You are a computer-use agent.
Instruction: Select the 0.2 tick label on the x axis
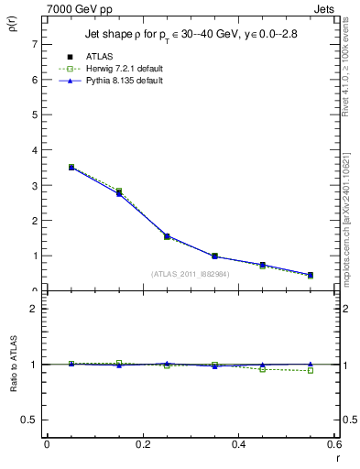[x=142, y=444]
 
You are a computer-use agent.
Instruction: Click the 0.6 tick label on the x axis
[x=334, y=444]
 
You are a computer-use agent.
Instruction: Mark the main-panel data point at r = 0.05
[x=71, y=168]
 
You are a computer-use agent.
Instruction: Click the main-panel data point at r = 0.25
[x=167, y=236]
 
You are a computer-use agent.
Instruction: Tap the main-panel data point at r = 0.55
[x=311, y=275]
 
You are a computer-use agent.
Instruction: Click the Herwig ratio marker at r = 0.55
[x=311, y=371]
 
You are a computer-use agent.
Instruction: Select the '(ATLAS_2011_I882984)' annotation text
[x=191, y=274]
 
